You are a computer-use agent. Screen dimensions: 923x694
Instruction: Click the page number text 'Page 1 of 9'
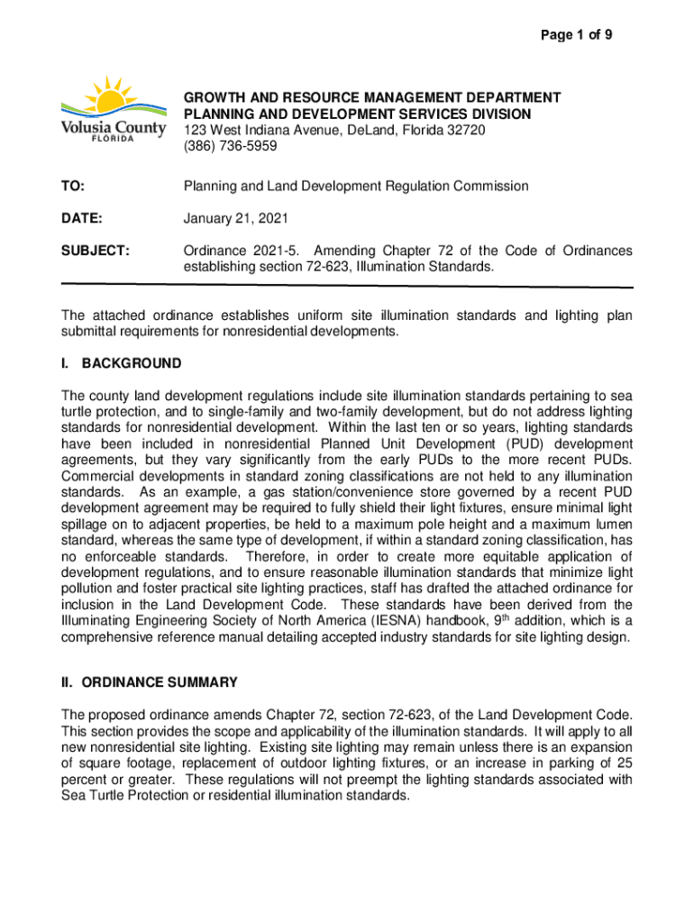coord(578,35)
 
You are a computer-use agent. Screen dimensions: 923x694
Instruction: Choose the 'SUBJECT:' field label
coord(96,250)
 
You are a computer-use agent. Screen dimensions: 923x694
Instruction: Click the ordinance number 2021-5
coord(276,250)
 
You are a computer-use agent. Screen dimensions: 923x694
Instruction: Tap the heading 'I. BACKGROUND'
coord(121,363)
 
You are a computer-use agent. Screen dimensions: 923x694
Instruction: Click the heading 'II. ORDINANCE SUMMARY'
coord(149,681)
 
